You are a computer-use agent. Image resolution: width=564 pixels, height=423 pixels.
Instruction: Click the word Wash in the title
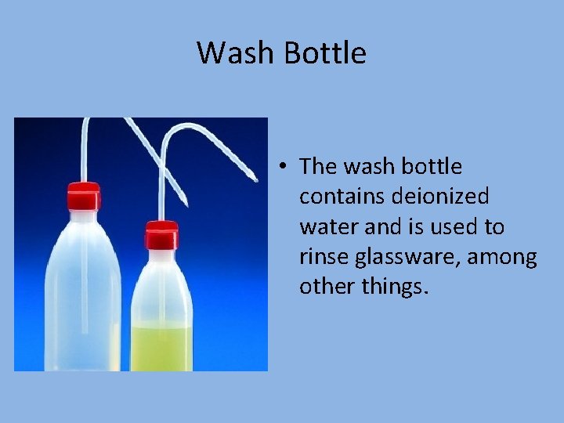pos(237,53)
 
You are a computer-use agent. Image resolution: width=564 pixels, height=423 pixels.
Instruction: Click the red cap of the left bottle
pos(82,197)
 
